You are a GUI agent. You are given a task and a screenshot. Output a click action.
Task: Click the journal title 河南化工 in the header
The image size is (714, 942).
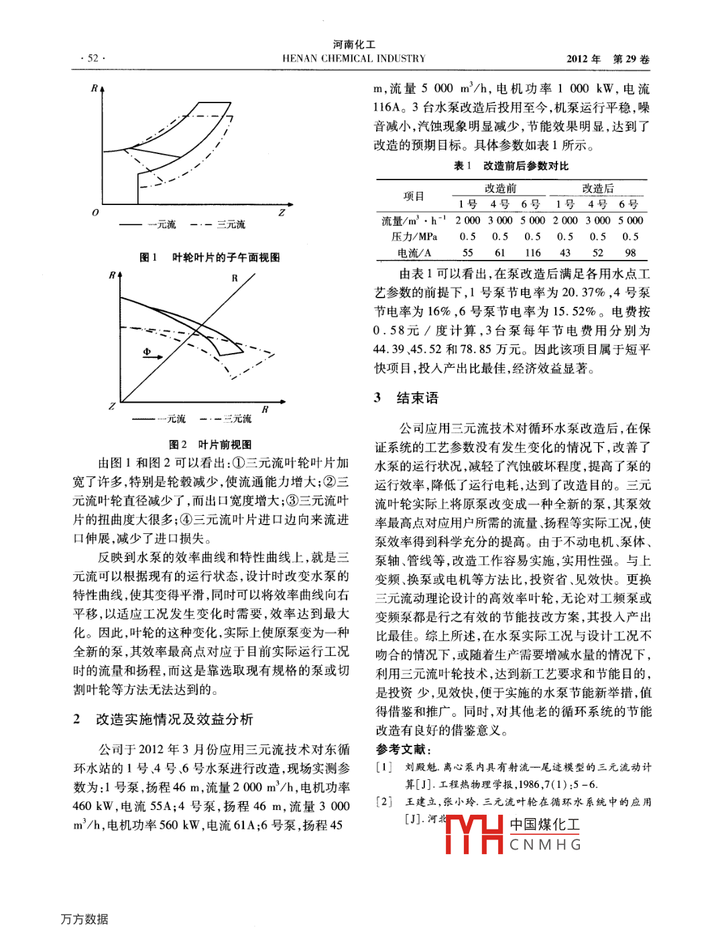[x=354, y=44]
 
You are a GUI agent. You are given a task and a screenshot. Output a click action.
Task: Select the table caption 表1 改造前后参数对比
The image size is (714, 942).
[x=511, y=165]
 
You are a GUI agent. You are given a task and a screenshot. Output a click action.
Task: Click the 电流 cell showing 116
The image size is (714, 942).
[x=532, y=253]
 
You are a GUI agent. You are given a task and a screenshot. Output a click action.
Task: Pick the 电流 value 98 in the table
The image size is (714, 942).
[x=630, y=253]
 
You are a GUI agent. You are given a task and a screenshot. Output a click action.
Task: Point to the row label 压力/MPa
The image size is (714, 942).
[x=414, y=237]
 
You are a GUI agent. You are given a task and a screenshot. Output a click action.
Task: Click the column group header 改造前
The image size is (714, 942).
[x=500, y=188]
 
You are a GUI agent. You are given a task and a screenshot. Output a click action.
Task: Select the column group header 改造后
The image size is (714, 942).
[x=597, y=188]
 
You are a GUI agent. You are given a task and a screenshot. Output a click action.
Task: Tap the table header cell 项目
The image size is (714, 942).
[x=414, y=196]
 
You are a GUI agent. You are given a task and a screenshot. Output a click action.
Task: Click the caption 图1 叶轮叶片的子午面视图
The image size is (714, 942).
[x=209, y=257]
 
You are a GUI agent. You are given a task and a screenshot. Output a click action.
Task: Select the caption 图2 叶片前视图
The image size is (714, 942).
[x=210, y=444]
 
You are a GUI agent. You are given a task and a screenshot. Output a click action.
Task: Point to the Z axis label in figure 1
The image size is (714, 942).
[x=282, y=212]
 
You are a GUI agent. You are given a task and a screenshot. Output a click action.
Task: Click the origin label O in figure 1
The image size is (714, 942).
[x=95, y=212]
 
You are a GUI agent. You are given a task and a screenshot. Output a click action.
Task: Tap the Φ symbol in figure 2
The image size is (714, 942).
[x=147, y=352]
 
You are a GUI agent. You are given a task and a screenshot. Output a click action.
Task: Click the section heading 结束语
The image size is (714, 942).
[x=417, y=398]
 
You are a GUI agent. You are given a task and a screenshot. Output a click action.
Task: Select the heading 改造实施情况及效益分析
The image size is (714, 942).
[x=174, y=719]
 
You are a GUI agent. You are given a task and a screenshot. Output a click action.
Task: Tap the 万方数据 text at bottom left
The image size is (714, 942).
[x=84, y=919]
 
